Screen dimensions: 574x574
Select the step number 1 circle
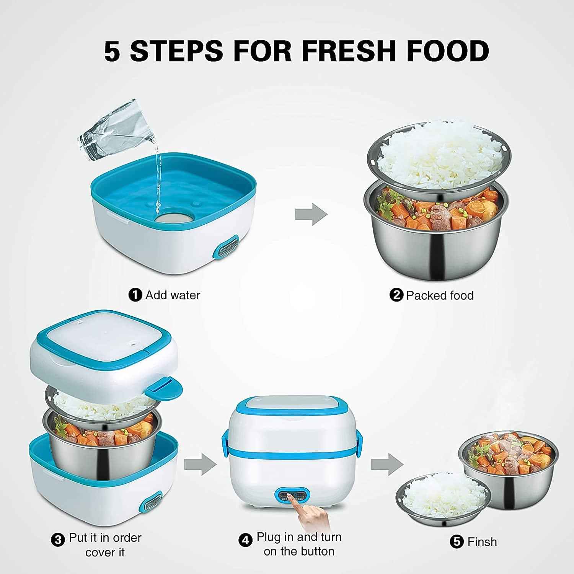coord(135,295)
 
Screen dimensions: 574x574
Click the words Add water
coord(173,295)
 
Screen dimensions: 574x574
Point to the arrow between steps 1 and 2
coord(311,214)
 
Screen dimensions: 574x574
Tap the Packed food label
coord(440,295)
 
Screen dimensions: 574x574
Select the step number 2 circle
coord(396,295)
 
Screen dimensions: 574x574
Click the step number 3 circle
coord(58,540)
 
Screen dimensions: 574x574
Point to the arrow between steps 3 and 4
coord(200,465)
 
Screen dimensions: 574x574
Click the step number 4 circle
coord(245,540)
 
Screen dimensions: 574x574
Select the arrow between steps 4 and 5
coord(386,465)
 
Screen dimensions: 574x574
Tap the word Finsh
coord(482,542)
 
